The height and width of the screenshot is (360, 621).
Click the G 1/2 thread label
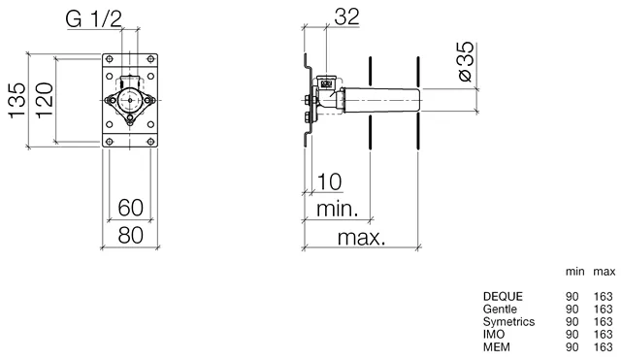click(x=94, y=18)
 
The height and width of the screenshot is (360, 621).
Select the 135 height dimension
click(x=17, y=100)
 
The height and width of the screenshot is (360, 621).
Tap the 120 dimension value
click(x=45, y=100)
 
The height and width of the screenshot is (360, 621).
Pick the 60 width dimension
click(x=130, y=208)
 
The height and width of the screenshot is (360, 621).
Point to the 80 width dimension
click(x=130, y=235)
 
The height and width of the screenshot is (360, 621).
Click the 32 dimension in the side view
click(x=347, y=16)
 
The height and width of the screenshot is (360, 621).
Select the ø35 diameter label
click(x=466, y=61)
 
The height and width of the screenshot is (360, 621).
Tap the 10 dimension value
click(x=329, y=181)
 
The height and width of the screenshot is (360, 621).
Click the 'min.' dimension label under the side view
click(x=338, y=209)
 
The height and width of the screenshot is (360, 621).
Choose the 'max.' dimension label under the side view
click(x=361, y=237)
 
